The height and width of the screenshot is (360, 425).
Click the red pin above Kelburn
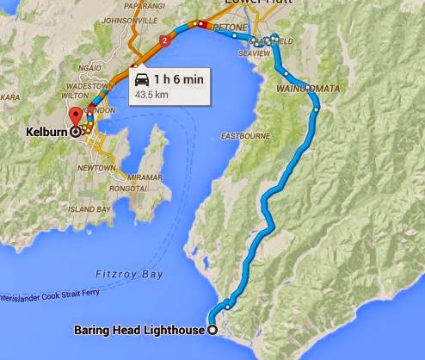pos(75,117)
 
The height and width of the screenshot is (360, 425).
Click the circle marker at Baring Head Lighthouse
pos(212,328)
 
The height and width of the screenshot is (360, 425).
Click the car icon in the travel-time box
pos(141,78)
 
